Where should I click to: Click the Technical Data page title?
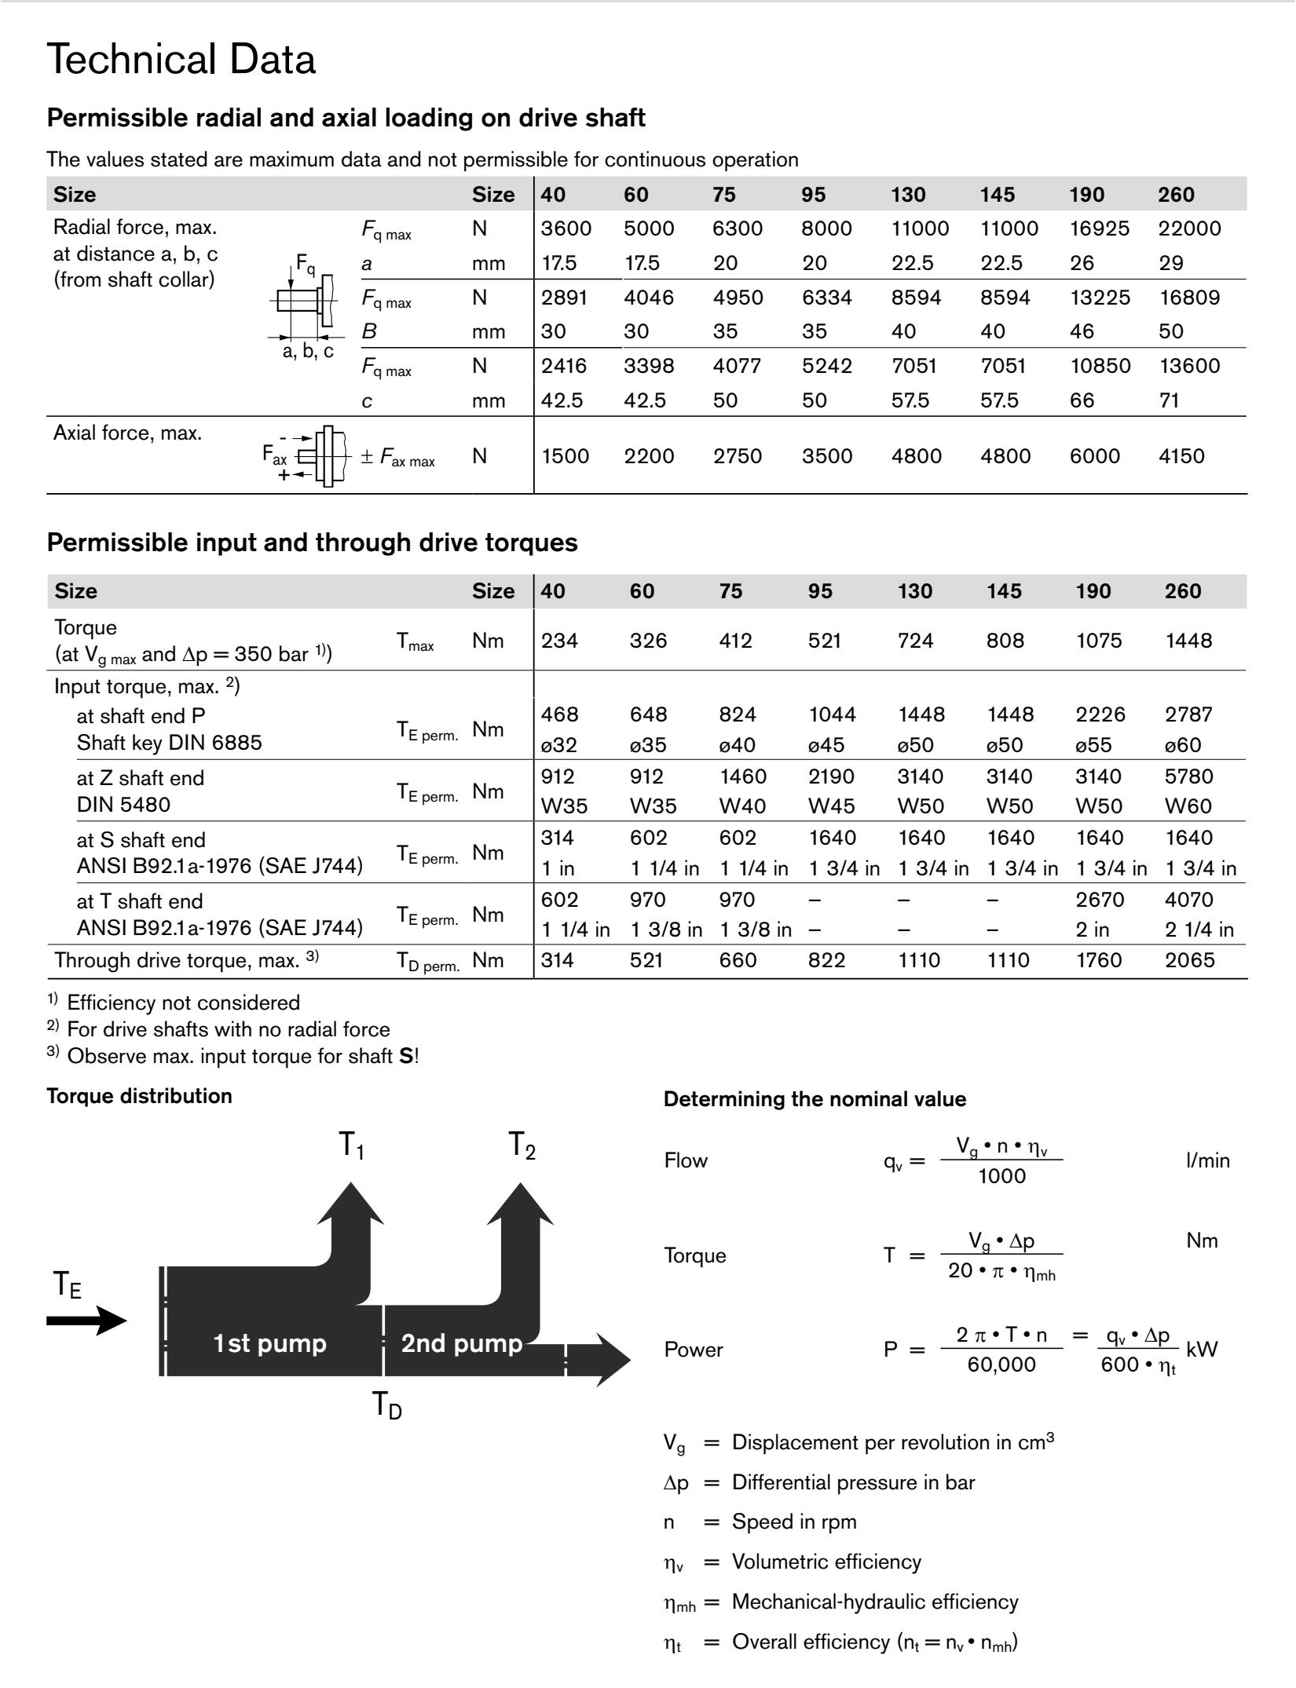181,60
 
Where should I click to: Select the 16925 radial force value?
1099,228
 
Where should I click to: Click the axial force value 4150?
1181,456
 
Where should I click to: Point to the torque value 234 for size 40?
558,641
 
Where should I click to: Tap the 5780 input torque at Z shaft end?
1188,776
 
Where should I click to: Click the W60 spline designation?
1188,806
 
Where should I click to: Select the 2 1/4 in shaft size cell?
1199,930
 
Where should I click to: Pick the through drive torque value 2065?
1189,960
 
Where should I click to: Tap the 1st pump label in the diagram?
269,1343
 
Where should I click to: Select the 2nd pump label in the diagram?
461,1343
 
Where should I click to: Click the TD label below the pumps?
386,1405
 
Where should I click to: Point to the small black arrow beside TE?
86,1321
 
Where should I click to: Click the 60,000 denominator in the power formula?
1001,1365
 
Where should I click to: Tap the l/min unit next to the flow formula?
1207,1160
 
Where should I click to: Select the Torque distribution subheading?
139,1096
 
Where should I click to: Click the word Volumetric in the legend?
778,1562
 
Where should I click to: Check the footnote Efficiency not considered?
183,1003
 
